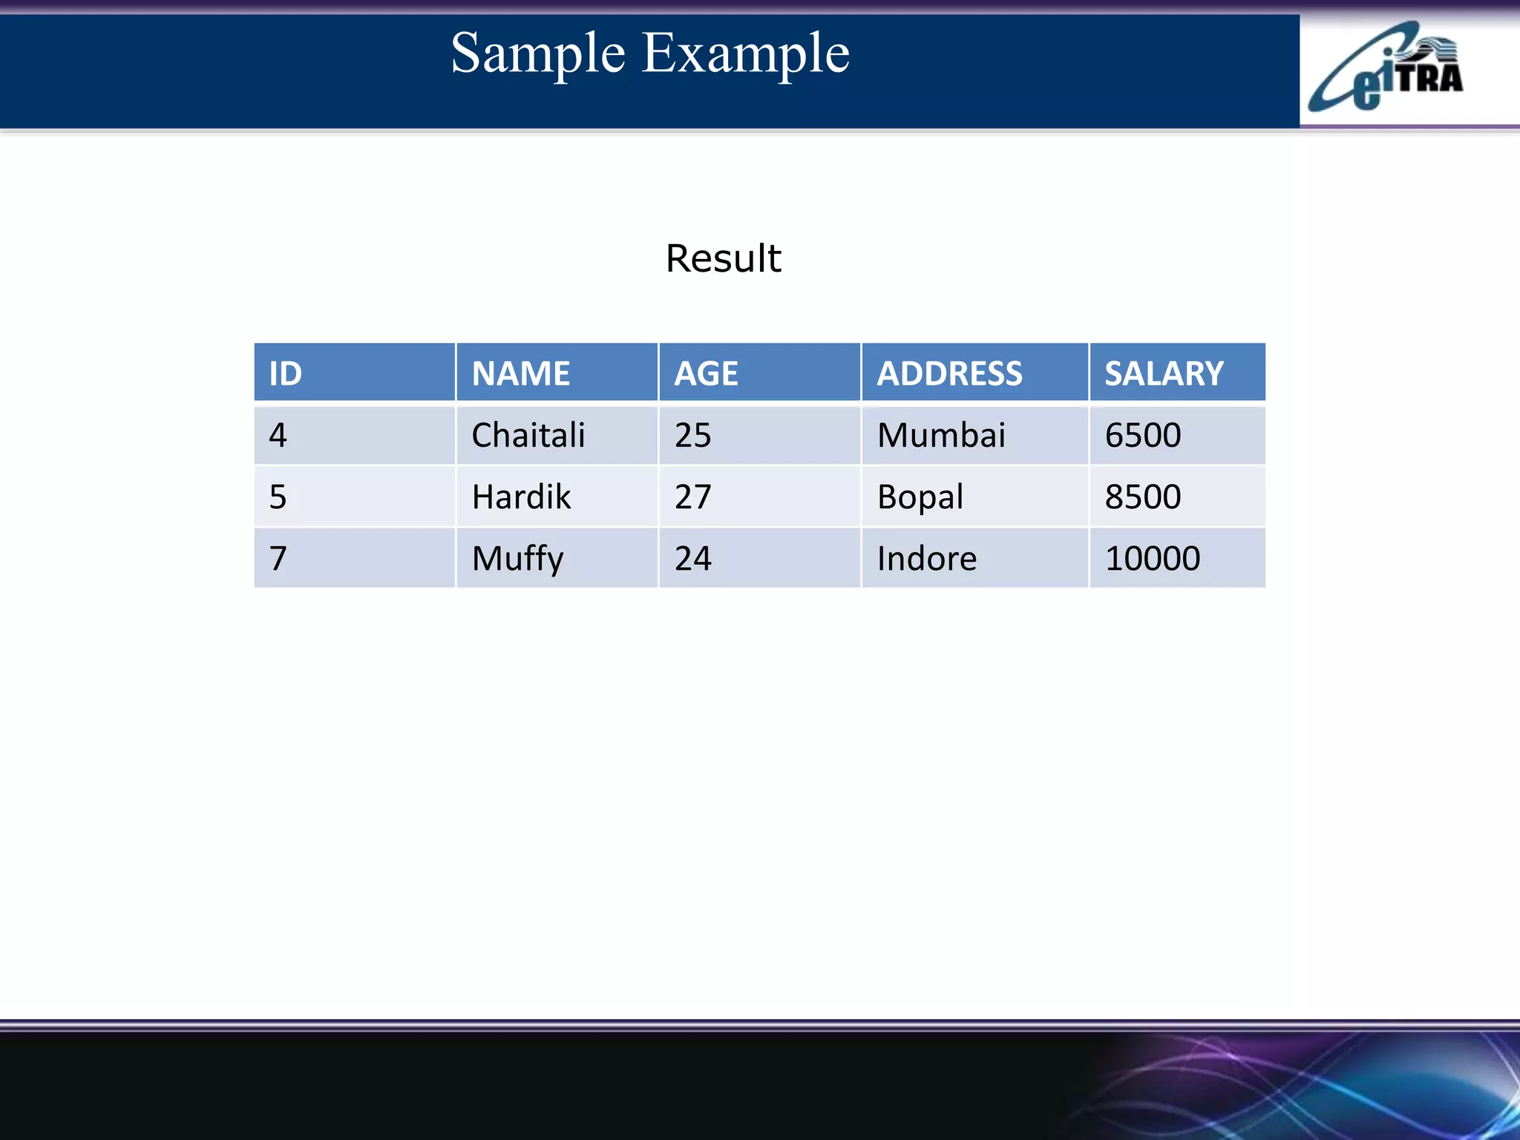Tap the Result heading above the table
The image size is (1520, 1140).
pyautogui.click(x=723, y=258)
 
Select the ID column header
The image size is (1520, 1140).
pyautogui.click(x=286, y=373)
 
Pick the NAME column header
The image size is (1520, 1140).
pyautogui.click(x=521, y=373)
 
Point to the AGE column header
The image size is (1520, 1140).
pyautogui.click(x=706, y=373)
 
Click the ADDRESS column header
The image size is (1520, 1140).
pyautogui.click(x=949, y=373)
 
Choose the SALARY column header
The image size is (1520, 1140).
pyautogui.click(x=1164, y=373)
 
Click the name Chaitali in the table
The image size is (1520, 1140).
pyautogui.click(x=528, y=435)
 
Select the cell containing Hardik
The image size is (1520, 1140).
pyautogui.click(x=521, y=497)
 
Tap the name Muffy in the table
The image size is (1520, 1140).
pyautogui.click(x=517, y=559)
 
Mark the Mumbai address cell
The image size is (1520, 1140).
pyautogui.click(x=941, y=435)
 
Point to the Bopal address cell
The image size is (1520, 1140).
pyautogui.click(x=920, y=497)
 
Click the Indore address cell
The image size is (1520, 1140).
pyautogui.click(x=927, y=558)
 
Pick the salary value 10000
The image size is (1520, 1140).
pyautogui.click(x=1152, y=558)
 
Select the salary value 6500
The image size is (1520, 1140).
pyautogui.click(x=1143, y=435)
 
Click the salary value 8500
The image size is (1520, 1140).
pyautogui.click(x=1143, y=497)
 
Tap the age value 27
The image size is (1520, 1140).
pyautogui.click(x=692, y=497)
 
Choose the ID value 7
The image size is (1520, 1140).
pyautogui.click(x=278, y=558)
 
